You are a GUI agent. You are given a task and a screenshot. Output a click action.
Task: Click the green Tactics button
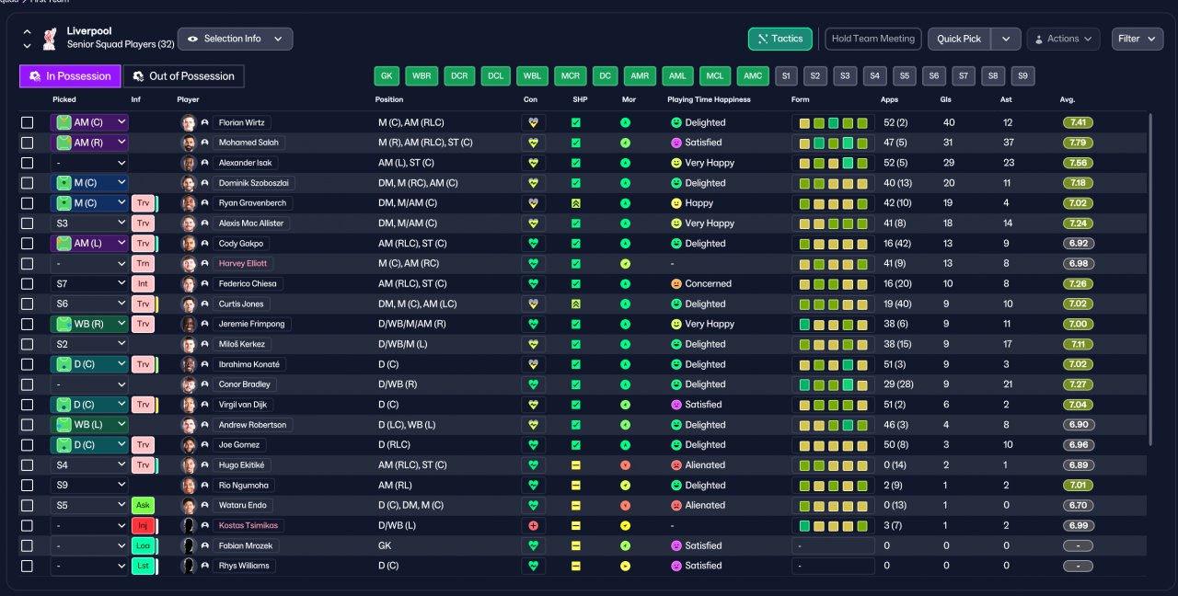pos(780,39)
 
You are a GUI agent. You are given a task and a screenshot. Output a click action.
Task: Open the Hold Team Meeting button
pos(873,39)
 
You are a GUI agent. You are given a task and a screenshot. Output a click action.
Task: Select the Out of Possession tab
pos(183,76)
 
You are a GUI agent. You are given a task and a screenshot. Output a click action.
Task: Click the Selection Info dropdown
pos(235,39)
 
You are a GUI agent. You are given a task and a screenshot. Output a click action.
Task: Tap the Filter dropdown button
pos(1137,39)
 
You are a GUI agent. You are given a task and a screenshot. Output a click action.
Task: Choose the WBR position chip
pos(422,75)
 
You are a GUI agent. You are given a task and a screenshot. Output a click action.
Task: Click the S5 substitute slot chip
pos(904,75)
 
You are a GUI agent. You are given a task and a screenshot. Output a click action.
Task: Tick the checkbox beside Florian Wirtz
pos(27,122)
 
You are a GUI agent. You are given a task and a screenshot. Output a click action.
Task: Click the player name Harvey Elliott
pos(242,263)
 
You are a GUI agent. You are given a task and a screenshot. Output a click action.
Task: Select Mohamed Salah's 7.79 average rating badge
pos(1078,143)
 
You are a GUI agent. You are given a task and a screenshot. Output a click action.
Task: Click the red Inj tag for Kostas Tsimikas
pos(143,525)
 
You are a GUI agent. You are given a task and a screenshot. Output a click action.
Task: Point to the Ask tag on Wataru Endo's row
pos(143,505)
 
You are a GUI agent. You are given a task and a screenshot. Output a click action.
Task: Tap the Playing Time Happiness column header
pos(709,99)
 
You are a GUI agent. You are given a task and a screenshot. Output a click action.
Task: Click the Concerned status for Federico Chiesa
pos(708,284)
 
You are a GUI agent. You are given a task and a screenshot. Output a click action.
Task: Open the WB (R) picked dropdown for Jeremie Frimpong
pos(89,325)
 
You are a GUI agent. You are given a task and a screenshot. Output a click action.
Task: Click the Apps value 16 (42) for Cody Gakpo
pos(897,244)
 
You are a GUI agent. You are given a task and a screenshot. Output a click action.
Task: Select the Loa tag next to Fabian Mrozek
pos(143,545)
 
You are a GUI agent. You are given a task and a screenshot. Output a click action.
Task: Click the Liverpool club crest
pos(50,39)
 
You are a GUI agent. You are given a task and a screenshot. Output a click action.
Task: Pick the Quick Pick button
pos(959,39)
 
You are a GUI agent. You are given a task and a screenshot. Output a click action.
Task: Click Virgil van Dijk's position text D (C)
pos(388,405)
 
